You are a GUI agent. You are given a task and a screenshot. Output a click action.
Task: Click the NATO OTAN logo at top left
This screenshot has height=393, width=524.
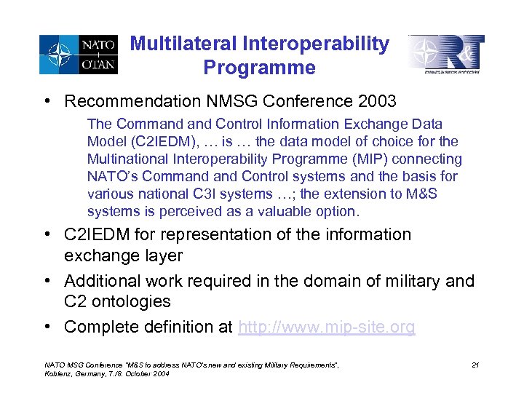(x=79, y=55)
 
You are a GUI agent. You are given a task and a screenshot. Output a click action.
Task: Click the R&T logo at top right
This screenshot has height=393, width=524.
(x=445, y=54)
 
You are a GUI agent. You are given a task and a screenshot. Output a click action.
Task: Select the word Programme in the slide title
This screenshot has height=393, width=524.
(x=260, y=68)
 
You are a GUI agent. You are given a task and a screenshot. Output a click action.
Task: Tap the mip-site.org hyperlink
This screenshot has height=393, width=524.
(x=327, y=327)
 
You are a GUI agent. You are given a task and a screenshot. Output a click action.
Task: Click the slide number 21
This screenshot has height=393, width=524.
(x=475, y=365)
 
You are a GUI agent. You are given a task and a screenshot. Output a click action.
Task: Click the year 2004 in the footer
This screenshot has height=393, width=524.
(x=158, y=373)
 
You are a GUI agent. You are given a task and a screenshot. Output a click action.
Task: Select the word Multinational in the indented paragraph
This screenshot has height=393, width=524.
(x=124, y=159)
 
